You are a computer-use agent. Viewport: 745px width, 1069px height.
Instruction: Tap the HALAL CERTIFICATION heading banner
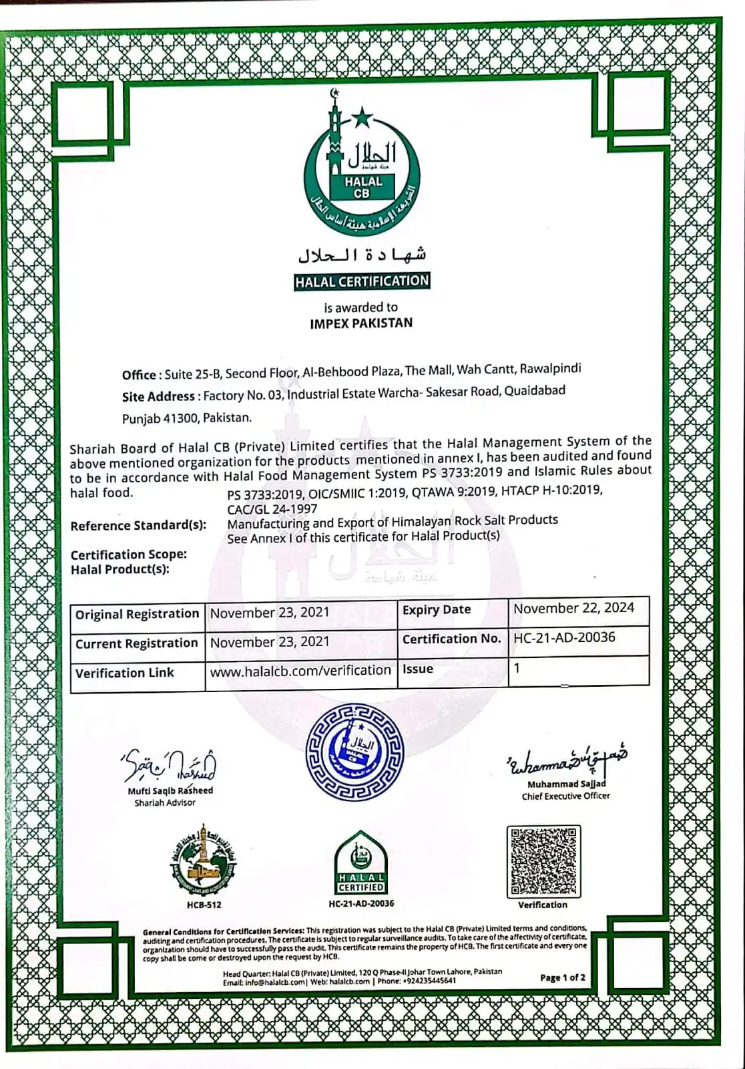coord(362,281)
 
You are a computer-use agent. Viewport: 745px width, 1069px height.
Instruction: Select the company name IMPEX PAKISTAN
coord(361,323)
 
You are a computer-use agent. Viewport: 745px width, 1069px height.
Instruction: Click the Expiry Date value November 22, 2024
coord(573,608)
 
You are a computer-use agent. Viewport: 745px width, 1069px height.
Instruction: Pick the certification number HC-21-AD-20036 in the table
coord(564,637)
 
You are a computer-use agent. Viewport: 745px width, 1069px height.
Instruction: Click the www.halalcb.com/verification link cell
coord(300,670)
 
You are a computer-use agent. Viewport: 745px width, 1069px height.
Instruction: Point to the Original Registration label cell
coord(137,614)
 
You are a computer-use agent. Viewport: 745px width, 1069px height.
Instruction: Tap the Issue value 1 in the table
coord(517,667)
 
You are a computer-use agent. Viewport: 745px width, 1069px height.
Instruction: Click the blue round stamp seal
coord(354,751)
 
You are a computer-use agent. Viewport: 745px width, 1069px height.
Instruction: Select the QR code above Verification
coord(543,861)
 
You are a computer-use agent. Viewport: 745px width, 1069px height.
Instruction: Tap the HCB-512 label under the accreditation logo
coord(204,905)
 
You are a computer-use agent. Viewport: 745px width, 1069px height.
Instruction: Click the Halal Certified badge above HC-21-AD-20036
coord(360,863)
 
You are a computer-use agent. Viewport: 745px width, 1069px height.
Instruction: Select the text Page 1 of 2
coord(563,977)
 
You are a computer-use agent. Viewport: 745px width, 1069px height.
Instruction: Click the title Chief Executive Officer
coord(565,796)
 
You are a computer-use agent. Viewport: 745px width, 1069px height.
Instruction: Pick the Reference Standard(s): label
coord(138,525)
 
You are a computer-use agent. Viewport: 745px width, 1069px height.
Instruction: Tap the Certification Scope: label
coord(129,555)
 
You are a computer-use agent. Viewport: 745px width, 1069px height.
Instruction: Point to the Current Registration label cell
coord(137,643)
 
